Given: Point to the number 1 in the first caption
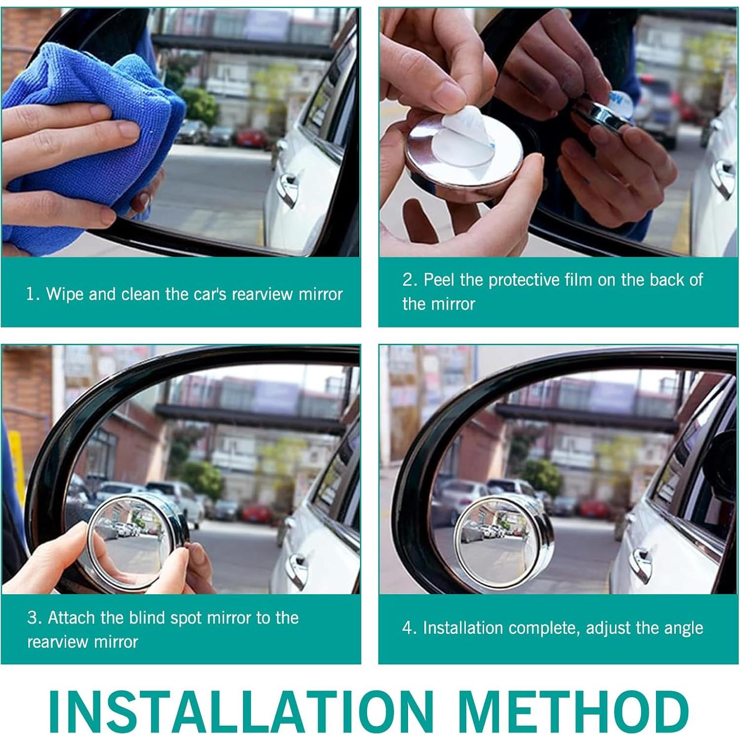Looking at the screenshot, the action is coord(31,294).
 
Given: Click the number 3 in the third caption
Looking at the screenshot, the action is coord(33,618).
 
